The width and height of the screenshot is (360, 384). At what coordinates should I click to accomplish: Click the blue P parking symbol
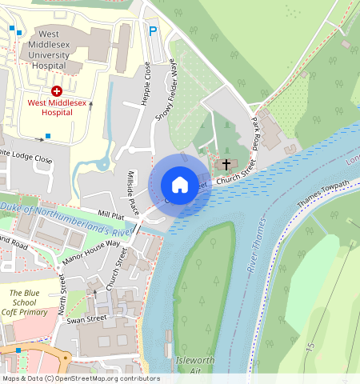pyautogui.click(x=153, y=31)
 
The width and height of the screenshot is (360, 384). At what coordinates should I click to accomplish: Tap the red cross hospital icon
pyautogui.click(x=56, y=92)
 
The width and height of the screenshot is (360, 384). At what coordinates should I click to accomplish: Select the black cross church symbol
pyautogui.click(x=226, y=164)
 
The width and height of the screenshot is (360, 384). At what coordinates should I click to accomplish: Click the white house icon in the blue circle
pyautogui.click(x=180, y=184)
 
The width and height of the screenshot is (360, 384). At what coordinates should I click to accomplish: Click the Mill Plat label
pyautogui.click(x=111, y=216)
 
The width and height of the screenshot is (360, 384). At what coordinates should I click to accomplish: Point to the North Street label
pyautogui.click(x=63, y=293)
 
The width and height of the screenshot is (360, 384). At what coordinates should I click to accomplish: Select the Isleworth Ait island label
pyautogui.click(x=194, y=366)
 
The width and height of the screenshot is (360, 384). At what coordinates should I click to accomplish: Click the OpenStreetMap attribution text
pyautogui.click(x=80, y=378)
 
